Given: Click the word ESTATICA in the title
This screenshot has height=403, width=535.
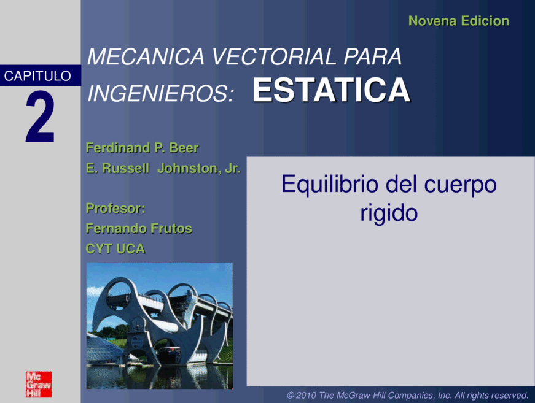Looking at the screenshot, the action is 331,90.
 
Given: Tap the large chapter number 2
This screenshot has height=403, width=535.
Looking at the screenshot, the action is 40,117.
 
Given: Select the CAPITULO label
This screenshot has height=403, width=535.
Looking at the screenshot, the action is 37,75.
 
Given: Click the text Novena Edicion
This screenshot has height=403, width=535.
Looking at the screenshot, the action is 459,21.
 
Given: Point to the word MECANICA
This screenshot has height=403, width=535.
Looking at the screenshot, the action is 146,56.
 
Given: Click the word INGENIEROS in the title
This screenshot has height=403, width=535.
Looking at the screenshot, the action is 161,93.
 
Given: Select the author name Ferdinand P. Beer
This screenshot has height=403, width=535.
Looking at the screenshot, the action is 143,148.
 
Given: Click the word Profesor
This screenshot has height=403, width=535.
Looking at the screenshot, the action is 115,208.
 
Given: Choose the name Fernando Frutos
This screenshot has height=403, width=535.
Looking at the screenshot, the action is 139,228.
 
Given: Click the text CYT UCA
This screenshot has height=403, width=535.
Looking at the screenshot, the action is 115,248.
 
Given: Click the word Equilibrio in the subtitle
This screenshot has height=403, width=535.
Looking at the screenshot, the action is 330,185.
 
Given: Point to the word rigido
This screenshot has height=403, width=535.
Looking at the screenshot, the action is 389,214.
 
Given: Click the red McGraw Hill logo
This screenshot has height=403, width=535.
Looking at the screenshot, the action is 39,384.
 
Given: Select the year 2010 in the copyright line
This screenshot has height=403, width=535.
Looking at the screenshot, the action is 306,395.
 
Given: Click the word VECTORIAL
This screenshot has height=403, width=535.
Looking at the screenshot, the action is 274,56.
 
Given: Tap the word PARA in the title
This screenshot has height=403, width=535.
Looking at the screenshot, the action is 373,56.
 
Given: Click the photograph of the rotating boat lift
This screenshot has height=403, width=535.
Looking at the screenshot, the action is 160,326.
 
